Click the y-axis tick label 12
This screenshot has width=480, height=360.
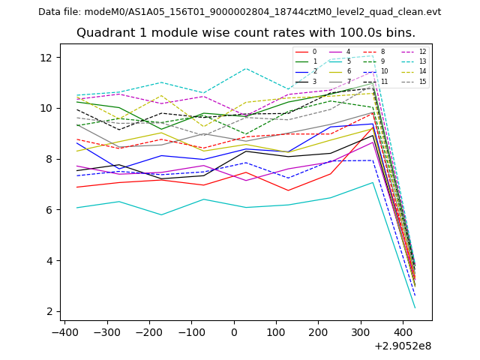coord(46,58)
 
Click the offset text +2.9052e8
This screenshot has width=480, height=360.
coord(402,346)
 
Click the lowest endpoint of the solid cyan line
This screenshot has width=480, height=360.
coord(415,308)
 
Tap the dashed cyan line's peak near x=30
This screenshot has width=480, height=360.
coord(245,68)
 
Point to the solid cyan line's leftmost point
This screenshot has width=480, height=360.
coord(76,208)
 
